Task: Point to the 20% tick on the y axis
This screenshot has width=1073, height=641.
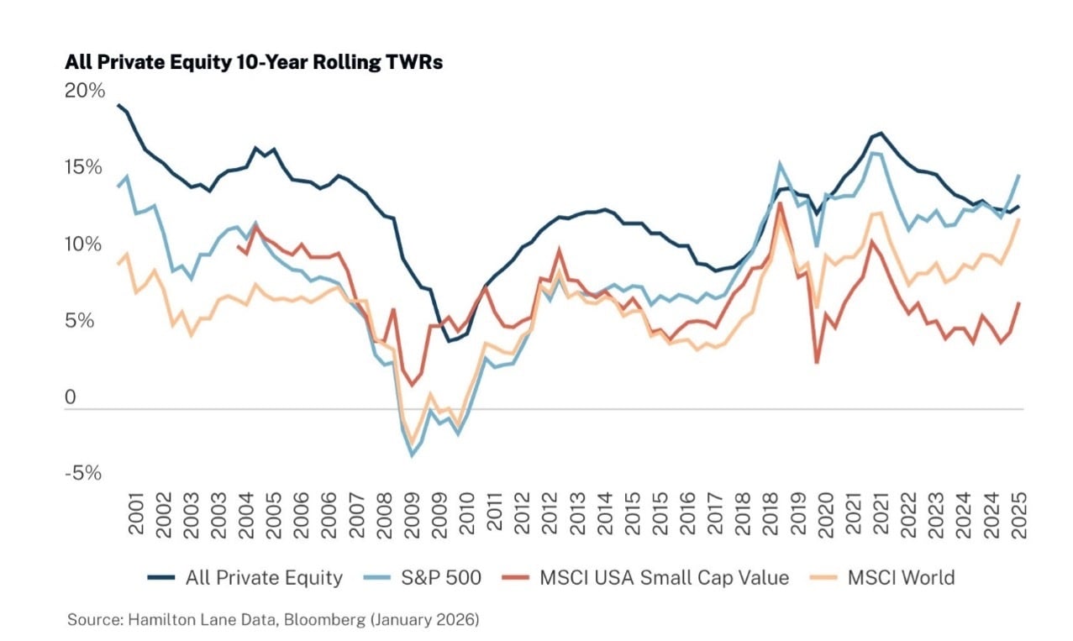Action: point(85,90)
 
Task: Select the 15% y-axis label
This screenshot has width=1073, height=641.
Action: point(85,167)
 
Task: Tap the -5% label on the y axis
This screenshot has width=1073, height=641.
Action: point(83,474)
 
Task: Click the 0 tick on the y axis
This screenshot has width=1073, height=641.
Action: point(71,397)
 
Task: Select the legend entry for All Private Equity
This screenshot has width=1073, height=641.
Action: point(245,578)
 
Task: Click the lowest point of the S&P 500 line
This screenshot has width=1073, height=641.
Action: point(412,456)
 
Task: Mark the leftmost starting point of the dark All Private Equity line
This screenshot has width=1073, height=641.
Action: point(118,105)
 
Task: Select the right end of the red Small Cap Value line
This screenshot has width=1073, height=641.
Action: point(1019,302)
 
